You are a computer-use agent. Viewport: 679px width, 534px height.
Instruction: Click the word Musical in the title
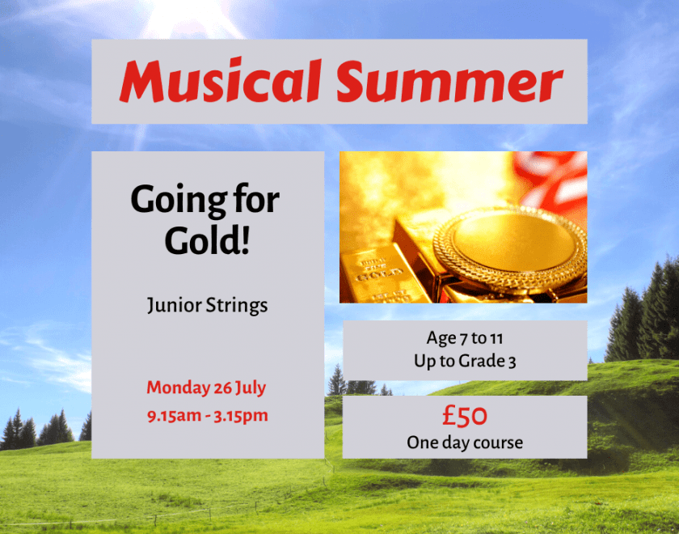click(221, 81)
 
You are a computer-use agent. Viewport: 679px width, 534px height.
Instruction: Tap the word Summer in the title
click(449, 81)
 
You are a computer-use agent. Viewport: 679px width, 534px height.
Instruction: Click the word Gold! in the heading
click(207, 240)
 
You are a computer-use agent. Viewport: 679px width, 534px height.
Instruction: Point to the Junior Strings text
click(208, 305)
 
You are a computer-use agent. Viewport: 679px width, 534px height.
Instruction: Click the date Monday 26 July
click(207, 388)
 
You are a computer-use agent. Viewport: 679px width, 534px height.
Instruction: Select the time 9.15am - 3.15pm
click(208, 416)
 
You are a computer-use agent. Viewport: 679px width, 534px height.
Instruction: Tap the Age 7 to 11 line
click(465, 337)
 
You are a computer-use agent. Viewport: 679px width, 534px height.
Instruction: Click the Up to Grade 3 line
click(465, 361)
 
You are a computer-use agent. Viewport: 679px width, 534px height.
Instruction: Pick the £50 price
click(465, 415)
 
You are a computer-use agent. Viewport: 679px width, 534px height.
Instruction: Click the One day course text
click(465, 442)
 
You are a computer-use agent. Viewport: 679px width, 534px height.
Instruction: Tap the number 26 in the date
click(222, 388)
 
